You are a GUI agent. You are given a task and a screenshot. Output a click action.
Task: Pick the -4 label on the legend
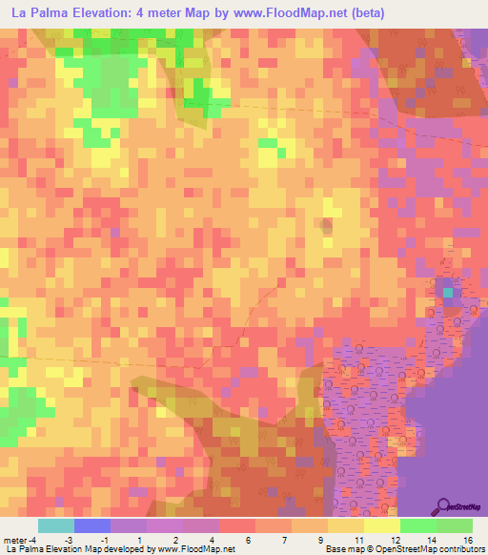[x=33, y=540]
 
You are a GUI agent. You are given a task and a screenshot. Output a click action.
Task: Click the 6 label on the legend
[x=247, y=540]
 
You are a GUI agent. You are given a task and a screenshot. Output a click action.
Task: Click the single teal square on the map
[x=448, y=291]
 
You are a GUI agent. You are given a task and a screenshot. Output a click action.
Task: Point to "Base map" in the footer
[x=340, y=550]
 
